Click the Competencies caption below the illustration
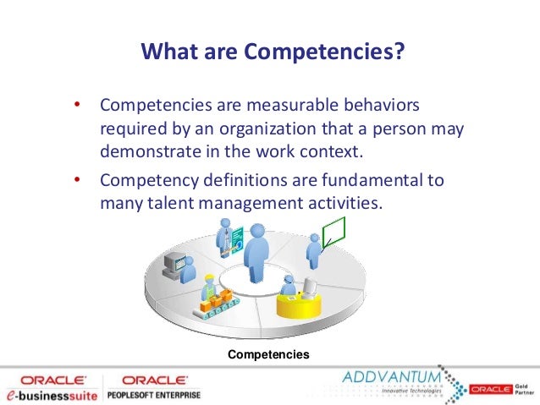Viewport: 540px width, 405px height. pyautogui.click(x=268, y=353)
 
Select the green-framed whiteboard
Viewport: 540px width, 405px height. pyautogui.click(x=335, y=231)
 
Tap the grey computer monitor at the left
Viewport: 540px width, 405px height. pyautogui.click(x=174, y=261)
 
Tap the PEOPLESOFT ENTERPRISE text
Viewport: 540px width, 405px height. pyautogui.click(x=153, y=395)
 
